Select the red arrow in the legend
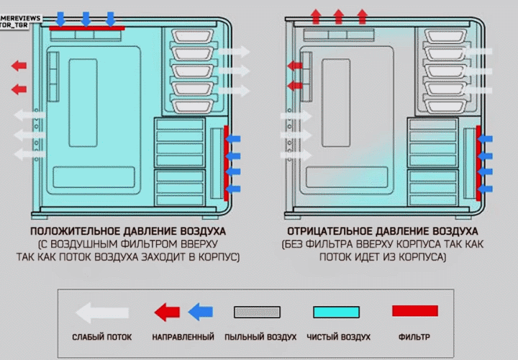[168, 312]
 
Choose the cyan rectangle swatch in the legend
[336, 312]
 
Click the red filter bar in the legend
[415, 311]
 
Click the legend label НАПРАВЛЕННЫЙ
[183, 337]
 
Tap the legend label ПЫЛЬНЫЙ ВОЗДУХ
[260, 337]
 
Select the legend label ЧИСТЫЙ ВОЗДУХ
[338, 337]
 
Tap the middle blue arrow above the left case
[86, 18]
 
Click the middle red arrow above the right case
[338, 16]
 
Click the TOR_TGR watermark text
[20, 24]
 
